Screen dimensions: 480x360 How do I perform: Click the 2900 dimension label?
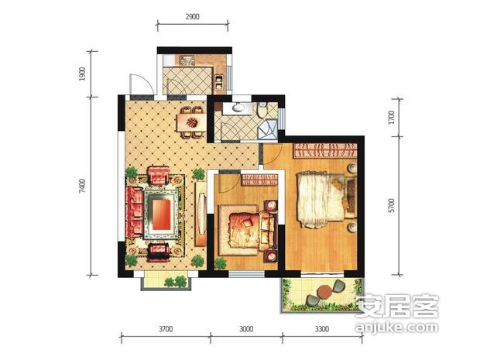(192, 16)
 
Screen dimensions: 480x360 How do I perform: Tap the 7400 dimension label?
(82, 186)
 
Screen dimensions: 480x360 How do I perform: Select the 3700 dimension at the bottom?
(166, 329)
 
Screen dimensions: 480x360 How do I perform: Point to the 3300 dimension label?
(322, 329)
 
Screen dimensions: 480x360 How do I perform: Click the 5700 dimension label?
(392, 205)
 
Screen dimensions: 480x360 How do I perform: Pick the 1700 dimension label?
(392, 117)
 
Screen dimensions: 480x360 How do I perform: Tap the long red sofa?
(135, 212)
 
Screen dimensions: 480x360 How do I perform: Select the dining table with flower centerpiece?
(192, 122)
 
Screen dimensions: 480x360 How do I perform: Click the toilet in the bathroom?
(262, 109)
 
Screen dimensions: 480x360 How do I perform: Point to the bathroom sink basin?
(238, 108)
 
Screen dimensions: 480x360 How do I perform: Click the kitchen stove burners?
(187, 60)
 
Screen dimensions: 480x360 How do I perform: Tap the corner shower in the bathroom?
(267, 129)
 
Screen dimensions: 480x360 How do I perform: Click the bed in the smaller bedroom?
(249, 230)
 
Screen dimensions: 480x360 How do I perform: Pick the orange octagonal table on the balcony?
(324, 291)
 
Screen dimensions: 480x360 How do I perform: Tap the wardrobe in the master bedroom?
(326, 151)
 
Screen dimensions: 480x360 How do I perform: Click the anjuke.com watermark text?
(396, 327)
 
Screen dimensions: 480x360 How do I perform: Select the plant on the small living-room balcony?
(177, 281)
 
